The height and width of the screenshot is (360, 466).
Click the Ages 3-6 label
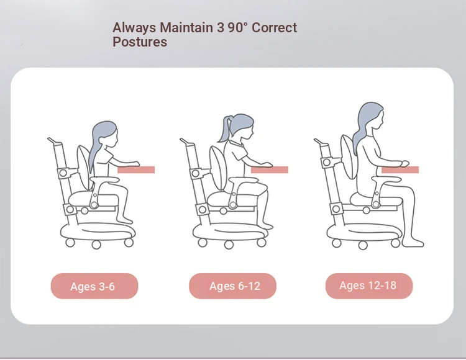tap(94, 286)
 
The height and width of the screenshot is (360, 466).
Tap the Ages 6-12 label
tap(233, 286)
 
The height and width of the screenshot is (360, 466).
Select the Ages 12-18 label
tap(369, 286)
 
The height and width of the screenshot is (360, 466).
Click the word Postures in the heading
tap(140, 42)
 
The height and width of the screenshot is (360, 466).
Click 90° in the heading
tap(237, 27)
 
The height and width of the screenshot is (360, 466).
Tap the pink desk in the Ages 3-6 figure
tap(136, 170)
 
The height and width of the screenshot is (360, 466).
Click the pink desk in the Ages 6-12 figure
tap(270, 170)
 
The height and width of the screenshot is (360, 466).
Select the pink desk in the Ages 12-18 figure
tap(400, 170)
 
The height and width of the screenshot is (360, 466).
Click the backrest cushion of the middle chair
tap(219, 168)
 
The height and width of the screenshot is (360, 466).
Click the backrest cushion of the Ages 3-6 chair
tap(84, 167)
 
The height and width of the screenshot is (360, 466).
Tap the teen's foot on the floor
tap(413, 243)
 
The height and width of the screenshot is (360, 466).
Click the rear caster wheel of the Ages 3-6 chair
tap(70, 243)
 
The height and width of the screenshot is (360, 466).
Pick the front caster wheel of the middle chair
tap(261, 243)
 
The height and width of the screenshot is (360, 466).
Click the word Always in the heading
tap(134, 28)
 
